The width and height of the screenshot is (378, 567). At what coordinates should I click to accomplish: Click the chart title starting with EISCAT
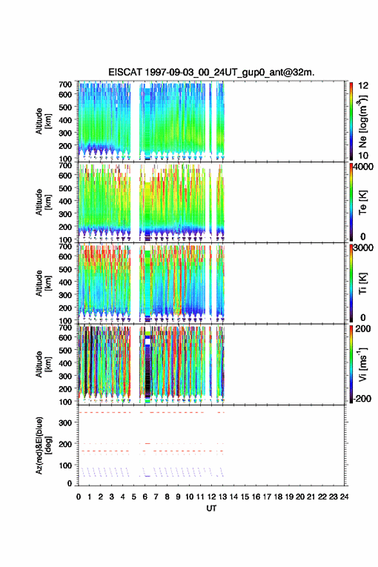pos(211,72)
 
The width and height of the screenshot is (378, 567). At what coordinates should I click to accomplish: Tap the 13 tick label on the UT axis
pos(223,497)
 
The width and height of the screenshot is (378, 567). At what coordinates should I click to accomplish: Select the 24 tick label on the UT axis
pos(344,497)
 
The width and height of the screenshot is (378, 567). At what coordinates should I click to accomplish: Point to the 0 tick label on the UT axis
pos(79,497)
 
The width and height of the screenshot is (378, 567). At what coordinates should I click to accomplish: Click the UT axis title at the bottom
pos(211,508)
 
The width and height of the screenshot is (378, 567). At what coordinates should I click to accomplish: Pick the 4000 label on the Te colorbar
pos(363,167)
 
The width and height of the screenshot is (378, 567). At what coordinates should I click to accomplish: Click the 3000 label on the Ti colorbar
pos(363,248)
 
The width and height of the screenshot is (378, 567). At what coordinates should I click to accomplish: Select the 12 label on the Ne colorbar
pos(363,86)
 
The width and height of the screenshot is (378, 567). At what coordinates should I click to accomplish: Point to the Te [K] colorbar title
pos(363,202)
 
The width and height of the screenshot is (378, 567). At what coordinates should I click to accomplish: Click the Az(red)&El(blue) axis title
pos(43,446)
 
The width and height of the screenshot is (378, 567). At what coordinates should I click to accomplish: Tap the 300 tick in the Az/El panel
pos(65,423)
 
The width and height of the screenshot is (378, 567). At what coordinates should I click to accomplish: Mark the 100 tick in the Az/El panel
pos(65,465)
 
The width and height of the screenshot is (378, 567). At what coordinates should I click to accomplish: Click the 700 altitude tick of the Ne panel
pos(65,84)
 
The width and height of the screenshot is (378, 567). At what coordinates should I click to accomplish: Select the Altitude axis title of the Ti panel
pos(43,283)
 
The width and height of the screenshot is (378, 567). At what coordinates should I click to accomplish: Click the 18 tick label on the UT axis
pos(278,497)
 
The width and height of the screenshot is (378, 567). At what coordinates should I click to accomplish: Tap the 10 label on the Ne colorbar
pos(363,155)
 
